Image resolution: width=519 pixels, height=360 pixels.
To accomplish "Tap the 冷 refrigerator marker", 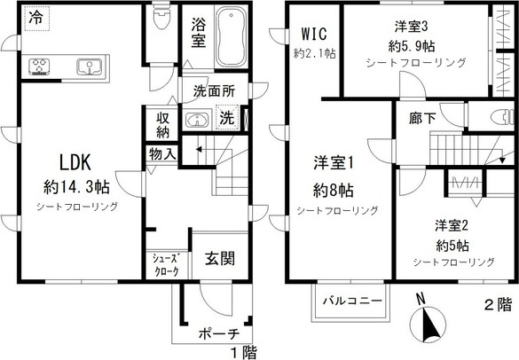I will pos(35,17).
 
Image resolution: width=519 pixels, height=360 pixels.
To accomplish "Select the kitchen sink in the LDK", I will pos(90,66).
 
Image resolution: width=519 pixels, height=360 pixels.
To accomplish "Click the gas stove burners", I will pos(42,66).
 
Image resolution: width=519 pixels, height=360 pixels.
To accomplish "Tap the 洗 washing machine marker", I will pos(227,119).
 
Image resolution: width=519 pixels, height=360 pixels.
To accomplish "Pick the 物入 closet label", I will pos(162,154).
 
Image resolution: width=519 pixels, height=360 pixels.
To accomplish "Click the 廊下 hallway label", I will pos(421,117).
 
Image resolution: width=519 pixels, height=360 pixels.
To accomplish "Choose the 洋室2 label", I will pos(452,224).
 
